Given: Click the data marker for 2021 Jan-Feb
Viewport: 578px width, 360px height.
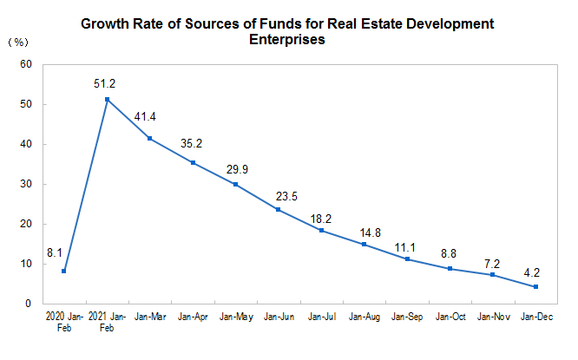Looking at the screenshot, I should point(107,100).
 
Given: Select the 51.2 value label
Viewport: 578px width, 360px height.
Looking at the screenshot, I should point(107,84).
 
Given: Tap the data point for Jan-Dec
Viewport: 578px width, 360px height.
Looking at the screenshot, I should point(536,287).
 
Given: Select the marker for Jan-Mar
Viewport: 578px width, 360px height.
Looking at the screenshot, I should point(150,139).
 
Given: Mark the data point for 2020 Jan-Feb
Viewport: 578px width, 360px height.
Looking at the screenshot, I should point(64,272).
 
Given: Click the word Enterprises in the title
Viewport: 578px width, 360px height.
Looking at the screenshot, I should point(286,40).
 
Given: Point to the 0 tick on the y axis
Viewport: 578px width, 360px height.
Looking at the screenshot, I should point(29,304).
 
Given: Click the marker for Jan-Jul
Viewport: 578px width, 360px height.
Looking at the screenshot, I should point(321,231).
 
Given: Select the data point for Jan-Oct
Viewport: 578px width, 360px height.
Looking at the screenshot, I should point(450,269).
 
